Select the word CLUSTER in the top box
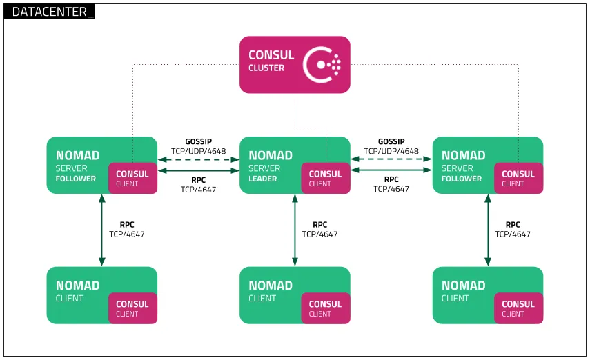(x=266, y=68)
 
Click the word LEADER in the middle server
(x=263, y=179)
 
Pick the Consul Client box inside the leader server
(x=326, y=179)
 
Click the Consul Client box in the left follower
(x=132, y=179)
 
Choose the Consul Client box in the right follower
(x=518, y=179)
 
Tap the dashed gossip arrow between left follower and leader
(x=198, y=159)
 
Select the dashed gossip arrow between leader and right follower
(x=391, y=159)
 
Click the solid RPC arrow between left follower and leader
(x=198, y=170)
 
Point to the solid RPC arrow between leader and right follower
(x=391, y=170)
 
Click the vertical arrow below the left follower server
(x=102, y=230)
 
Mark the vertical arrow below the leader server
(x=295, y=230)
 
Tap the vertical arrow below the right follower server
(x=488, y=230)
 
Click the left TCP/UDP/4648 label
(x=198, y=151)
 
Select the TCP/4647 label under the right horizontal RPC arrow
(x=391, y=189)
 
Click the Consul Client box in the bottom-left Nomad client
(x=132, y=308)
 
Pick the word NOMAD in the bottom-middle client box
(x=271, y=286)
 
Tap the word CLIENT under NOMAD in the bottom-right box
(x=455, y=299)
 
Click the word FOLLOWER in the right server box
(x=462, y=179)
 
